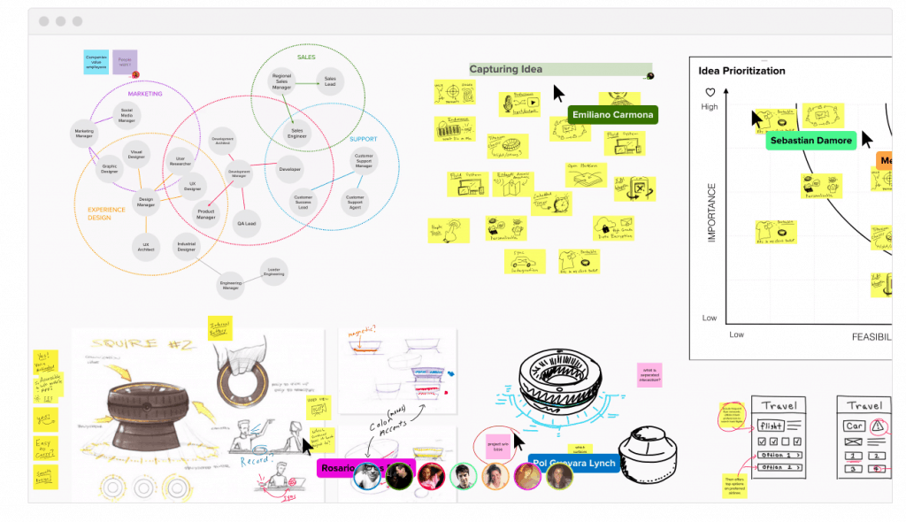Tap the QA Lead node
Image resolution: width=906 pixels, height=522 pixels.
(x=247, y=224)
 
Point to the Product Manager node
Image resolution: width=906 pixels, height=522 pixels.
(x=206, y=215)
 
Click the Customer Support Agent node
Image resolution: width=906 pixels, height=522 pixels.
(x=355, y=201)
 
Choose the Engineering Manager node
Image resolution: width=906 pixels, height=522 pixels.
(x=231, y=285)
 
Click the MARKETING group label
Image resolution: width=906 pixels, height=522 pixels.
(x=145, y=93)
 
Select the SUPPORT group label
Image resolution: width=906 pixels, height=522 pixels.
(x=363, y=139)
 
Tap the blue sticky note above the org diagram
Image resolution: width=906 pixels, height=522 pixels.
(x=96, y=61)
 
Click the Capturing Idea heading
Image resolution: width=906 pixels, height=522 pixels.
(x=506, y=69)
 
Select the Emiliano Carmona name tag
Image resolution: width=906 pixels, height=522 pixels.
(x=613, y=114)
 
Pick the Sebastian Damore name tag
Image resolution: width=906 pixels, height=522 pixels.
(x=810, y=140)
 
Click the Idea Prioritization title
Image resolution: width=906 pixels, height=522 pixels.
(x=741, y=71)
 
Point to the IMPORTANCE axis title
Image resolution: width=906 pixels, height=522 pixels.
(x=711, y=212)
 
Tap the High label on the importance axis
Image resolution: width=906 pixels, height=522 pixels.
(x=710, y=107)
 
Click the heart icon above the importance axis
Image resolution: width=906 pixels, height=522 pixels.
(x=709, y=92)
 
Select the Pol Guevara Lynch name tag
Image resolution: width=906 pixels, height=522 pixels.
(x=574, y=464)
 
